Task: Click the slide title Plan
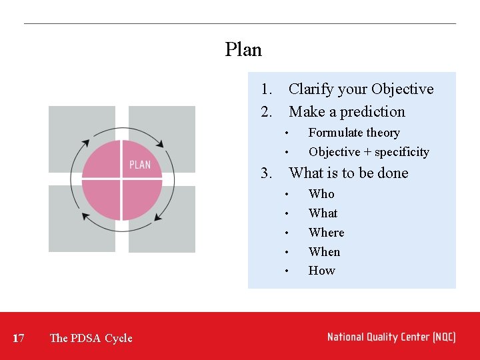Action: tap(243, 50)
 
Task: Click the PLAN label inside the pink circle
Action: tap(140, 165)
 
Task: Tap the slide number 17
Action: tap(19, 338)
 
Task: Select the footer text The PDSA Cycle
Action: tap(91, 338)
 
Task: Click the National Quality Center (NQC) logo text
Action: tap(391, 337)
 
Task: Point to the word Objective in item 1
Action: tap(402, 89)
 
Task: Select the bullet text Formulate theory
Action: tap(354, 133)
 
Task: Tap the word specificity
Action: tap(401, 152)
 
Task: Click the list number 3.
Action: tap(267, 173)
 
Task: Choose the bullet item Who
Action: tap(321, 194)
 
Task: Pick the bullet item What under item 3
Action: tap(323, 213)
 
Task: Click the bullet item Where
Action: tap(326, 233)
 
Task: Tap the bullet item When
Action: tap(324, 252)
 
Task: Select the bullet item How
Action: tap(321, 271)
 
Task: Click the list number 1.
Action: tap(267, 89)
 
